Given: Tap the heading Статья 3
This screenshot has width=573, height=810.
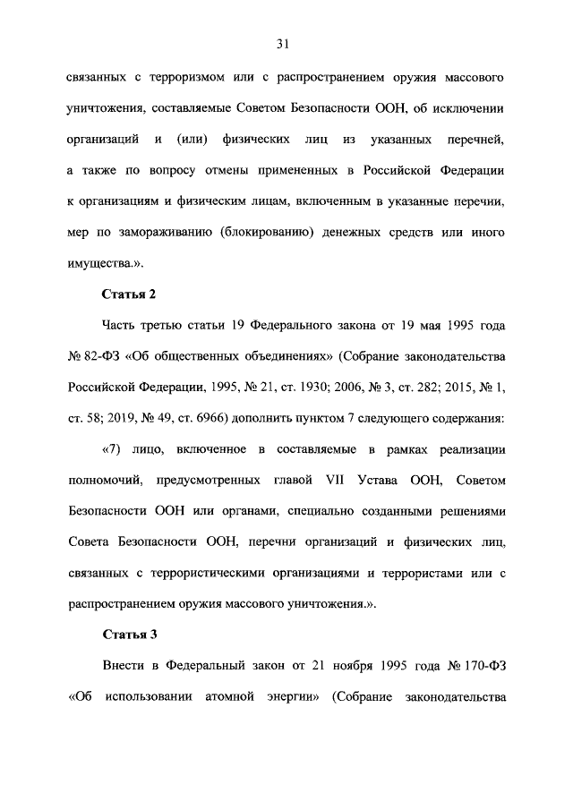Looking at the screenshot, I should coord(130,635).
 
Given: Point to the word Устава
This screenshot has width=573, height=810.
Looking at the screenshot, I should coord(374,481).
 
